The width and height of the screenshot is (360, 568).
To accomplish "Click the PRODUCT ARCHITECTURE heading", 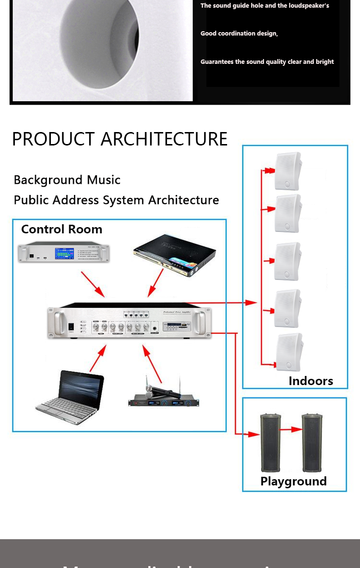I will click(120, 139).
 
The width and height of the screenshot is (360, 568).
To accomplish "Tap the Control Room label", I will click(61, 229).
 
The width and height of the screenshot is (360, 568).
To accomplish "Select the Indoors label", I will click(311, 381).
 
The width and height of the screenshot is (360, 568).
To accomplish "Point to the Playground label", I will click(293, 481).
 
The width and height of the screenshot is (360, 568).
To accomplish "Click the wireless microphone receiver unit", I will click(164, 398).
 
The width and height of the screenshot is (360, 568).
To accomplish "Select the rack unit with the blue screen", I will click(64, 253).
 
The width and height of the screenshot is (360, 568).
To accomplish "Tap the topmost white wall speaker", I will click(288, 171).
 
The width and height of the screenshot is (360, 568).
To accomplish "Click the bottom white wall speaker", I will click(289, 351).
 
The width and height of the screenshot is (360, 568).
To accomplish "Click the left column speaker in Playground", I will click(270, 442).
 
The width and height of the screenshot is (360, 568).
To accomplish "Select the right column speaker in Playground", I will click(312, 442).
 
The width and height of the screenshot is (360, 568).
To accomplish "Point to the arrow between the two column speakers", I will click(291, 430).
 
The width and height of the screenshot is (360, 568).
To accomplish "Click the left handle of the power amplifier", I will click(59, 322).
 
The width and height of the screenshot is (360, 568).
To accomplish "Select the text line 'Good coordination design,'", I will click(239, 34).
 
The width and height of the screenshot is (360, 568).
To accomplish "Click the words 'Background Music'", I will click(67, 180).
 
